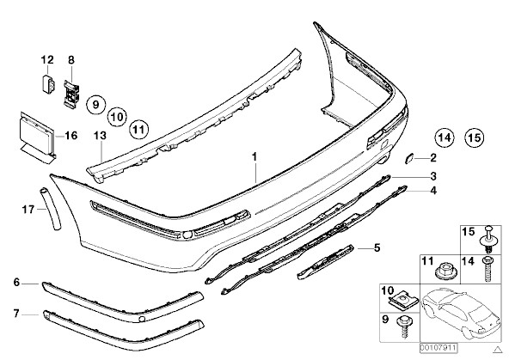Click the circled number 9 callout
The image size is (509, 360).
(95, 105)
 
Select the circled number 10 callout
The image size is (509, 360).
(117, 117)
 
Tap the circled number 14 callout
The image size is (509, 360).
(444, 137)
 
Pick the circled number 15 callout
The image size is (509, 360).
(474, 137)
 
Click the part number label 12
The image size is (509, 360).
(47, 59)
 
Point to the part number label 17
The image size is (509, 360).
(28, 210)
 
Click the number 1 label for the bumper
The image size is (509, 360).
(254, 156)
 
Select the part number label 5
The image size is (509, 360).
(377, 248)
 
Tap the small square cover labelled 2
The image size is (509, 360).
(408, 159)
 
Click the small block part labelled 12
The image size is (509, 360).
(48, 84)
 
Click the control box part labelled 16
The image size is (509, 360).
(37, 137)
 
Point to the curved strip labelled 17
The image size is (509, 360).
(50, 209)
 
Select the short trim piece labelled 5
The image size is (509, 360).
(325, 262)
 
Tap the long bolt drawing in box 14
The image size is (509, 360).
(487, 269)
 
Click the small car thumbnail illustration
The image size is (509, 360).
(461, 314)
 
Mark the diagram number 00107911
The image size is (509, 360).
(438, 348)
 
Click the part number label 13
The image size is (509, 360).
(101, 135)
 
